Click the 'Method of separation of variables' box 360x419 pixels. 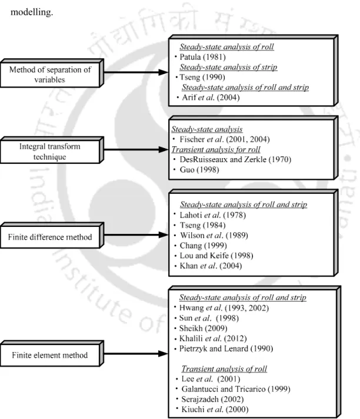pos(52,73)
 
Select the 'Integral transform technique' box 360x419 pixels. pos(52,150)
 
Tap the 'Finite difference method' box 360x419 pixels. pos(52,236)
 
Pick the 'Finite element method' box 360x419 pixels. pos(52,354)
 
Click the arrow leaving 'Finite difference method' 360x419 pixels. pos(136,235)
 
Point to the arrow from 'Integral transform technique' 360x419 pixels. pos(136,150)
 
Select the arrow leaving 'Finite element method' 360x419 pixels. pos(136,354)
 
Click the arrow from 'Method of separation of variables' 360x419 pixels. pos(136,72)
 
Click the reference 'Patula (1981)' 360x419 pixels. pos(202,57)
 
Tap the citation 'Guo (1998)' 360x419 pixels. pos(199,170)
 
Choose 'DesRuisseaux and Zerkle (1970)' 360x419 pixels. pos(235,159)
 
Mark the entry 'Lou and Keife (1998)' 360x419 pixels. pos(216,256)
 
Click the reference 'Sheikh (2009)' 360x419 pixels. pos(204,328)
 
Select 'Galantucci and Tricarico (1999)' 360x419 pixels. pos(236,389)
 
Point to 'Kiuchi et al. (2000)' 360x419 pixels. pos(215,410)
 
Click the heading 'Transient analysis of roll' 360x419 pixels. pos(224,369)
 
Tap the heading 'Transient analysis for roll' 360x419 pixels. pos(216,149)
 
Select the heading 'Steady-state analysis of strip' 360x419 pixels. pos(228,67)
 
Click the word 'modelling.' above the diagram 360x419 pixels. pos(32,12)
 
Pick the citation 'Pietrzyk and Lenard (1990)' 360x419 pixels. pos(226,348)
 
